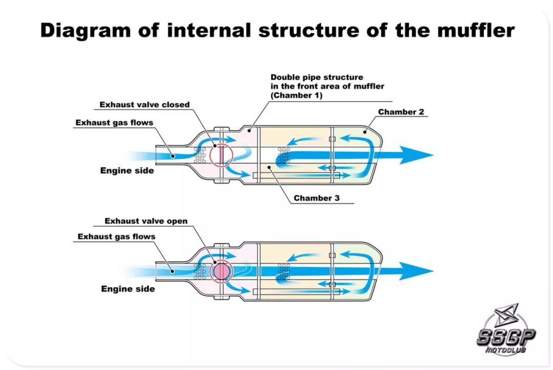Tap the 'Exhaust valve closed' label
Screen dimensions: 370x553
click(144, 105)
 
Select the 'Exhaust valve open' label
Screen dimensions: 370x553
click(146, 221)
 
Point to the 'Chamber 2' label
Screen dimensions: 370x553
click(401, 112)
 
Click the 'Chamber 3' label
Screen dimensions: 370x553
click(316, 198)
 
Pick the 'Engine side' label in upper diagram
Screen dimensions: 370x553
click(126, 170)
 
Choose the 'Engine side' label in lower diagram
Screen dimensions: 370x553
click(127, 289)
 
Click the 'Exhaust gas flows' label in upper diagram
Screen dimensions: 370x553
click(114, 123)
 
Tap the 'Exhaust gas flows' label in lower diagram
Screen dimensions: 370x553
click(116, 237)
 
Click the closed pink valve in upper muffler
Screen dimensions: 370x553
click(221, 154)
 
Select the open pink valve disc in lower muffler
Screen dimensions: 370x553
click(221, 271)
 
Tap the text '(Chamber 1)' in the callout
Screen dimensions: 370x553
click(296, 96)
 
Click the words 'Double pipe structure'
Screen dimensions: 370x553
click(317, 78)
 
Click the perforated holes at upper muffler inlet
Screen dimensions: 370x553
click(202, 152)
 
